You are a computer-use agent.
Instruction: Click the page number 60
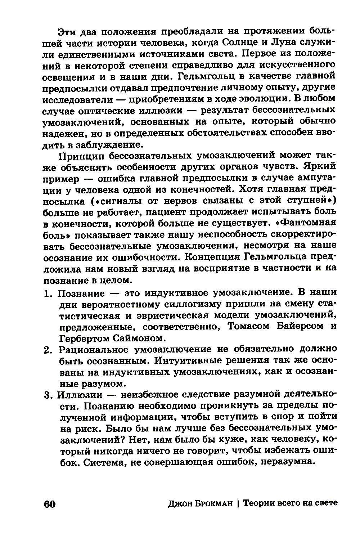[49, 504]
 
